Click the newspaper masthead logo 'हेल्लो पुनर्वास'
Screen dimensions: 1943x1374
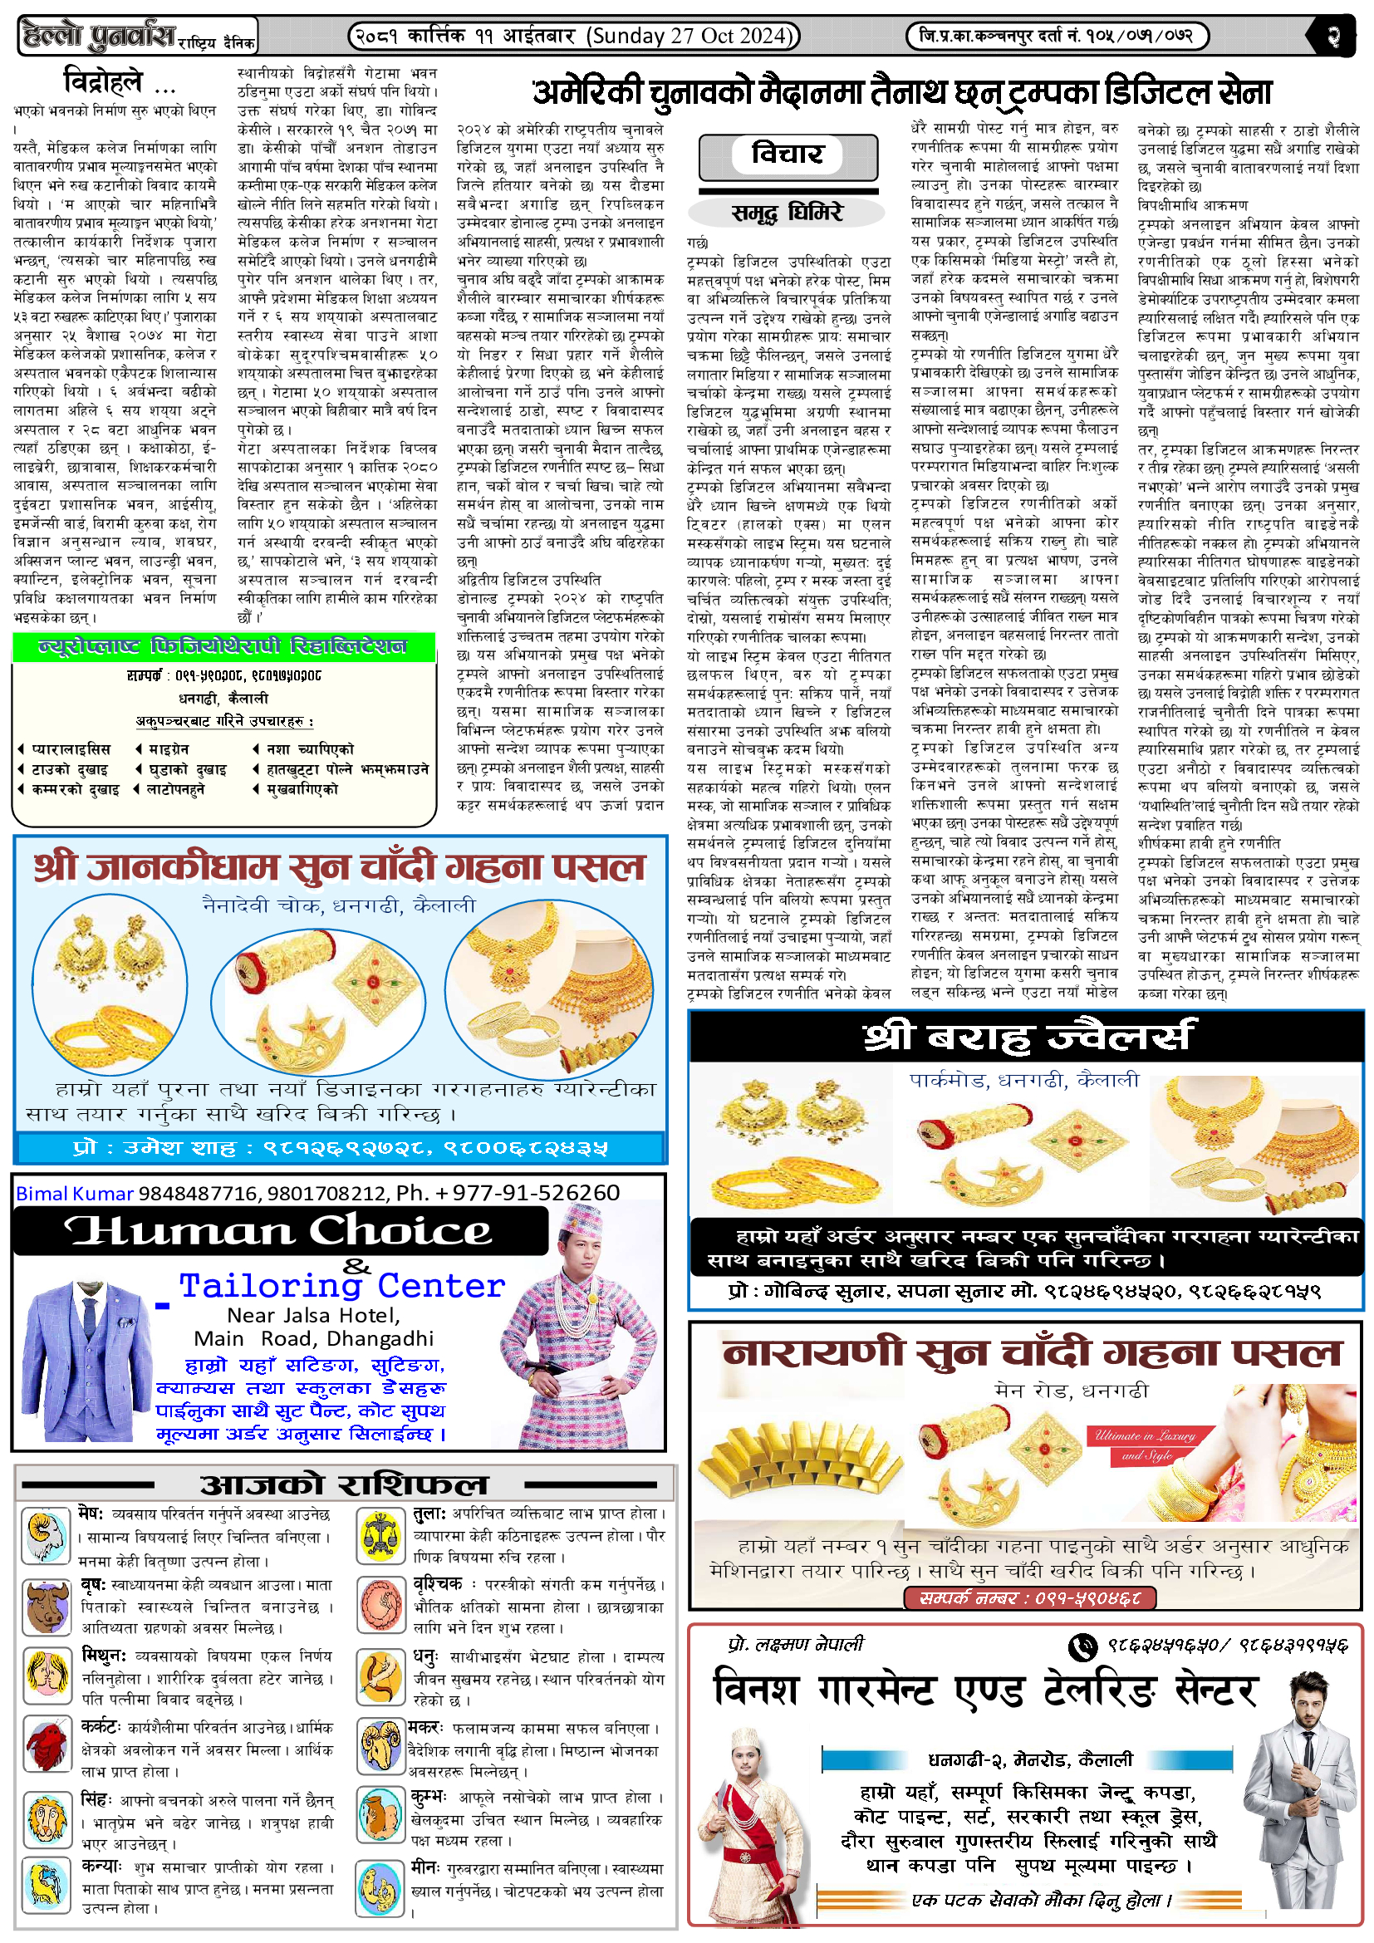coord(100,36)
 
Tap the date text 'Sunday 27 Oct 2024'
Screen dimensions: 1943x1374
coord(692,36)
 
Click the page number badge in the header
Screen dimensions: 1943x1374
coord(1334,37)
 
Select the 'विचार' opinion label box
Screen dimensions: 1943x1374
coord(788,155)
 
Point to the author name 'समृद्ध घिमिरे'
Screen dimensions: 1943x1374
coord(788,212)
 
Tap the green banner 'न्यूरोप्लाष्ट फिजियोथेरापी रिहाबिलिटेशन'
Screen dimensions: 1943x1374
coord(223,647)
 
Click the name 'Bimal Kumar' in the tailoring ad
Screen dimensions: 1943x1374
coord(75,1193)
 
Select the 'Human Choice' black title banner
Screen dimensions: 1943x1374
coord(280,1230)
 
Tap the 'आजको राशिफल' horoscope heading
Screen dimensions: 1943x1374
coord(345,1484)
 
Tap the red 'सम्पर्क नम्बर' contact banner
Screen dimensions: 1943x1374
coord(1028,1597)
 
